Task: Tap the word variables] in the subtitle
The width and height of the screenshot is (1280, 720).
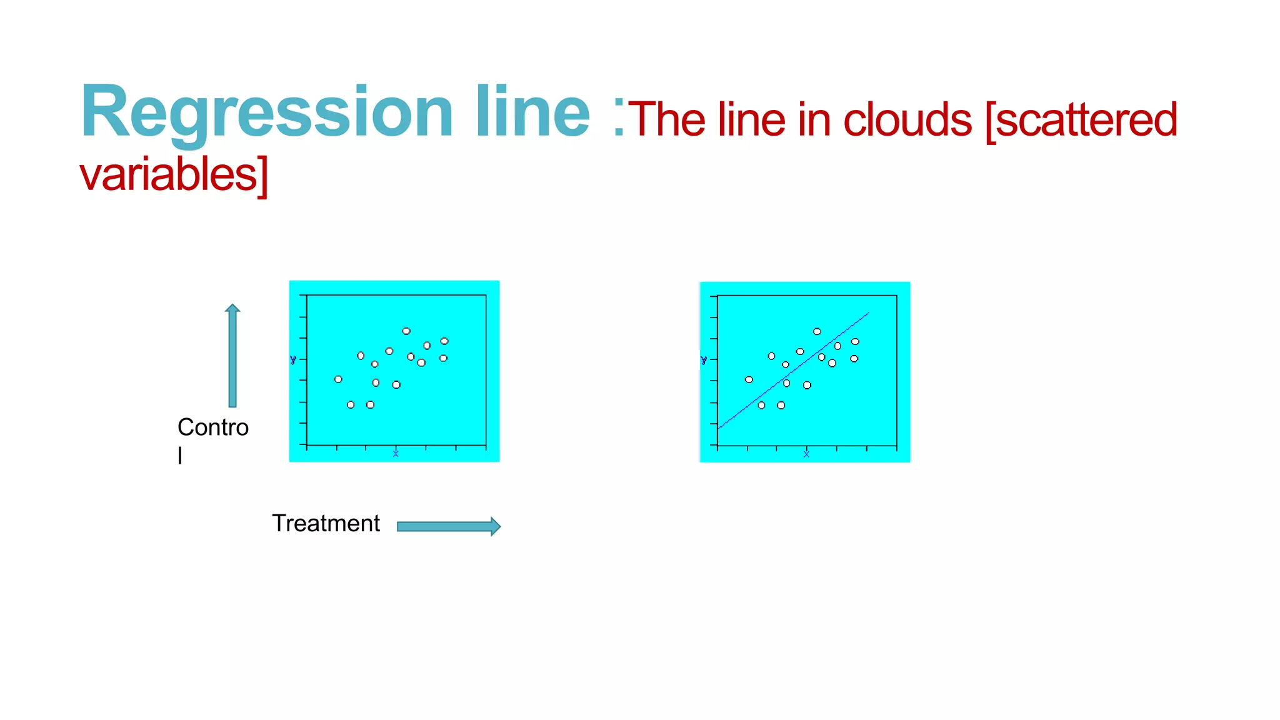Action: point(174,175)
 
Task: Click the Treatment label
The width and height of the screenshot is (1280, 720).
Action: point(326,523)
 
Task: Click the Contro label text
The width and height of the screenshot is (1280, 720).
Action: point(213,427)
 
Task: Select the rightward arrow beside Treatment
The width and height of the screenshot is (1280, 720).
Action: point(449,526)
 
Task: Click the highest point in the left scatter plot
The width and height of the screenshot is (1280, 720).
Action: point(406,331)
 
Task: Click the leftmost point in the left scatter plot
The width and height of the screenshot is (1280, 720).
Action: point(338,379)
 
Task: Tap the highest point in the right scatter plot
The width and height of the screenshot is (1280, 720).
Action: point(817,332)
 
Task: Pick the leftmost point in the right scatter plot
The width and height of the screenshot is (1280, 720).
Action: point(749,380)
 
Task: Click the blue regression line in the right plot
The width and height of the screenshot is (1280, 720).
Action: point(794,371)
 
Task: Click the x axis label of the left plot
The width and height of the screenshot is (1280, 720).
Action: point(396,454)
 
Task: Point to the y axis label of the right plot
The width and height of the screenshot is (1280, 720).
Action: point(704,361)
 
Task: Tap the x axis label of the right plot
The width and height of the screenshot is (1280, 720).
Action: point(806,454)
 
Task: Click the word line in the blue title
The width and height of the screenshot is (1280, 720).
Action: point(532,112)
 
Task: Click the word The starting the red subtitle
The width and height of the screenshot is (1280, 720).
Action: point(666,120)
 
